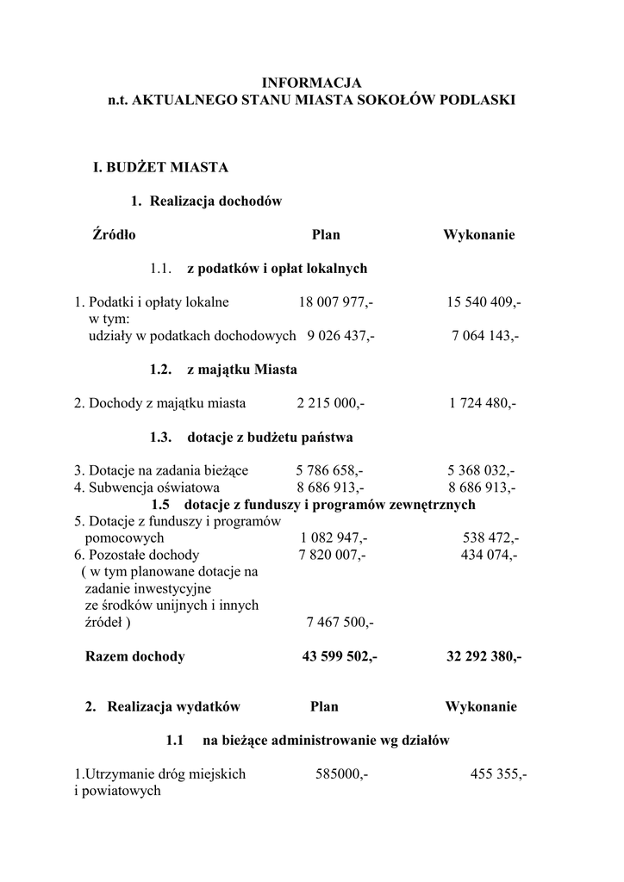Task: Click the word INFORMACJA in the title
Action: pos(311,82)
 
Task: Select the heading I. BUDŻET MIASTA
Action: pos(160,167)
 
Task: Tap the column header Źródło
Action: pos(114,234)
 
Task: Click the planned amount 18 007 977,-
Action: pos(336,301)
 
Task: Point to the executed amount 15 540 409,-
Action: pos(484,301)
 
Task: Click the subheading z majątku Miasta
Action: pos(241,370)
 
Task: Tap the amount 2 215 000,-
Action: pos(331,402)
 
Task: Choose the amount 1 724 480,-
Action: pos(483,402)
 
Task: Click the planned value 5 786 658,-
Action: pos(329,470)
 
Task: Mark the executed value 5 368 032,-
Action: pos(482,470)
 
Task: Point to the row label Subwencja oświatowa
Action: pos(147,487)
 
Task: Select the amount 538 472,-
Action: pos(491,537)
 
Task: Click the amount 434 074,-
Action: pos(490,555)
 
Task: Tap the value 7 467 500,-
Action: pos(340,622)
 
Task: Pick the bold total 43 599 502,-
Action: pos(340,656)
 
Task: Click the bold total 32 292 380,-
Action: pos(484,656)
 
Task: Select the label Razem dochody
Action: pos(135,656)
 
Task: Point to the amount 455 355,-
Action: pos(499,774)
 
